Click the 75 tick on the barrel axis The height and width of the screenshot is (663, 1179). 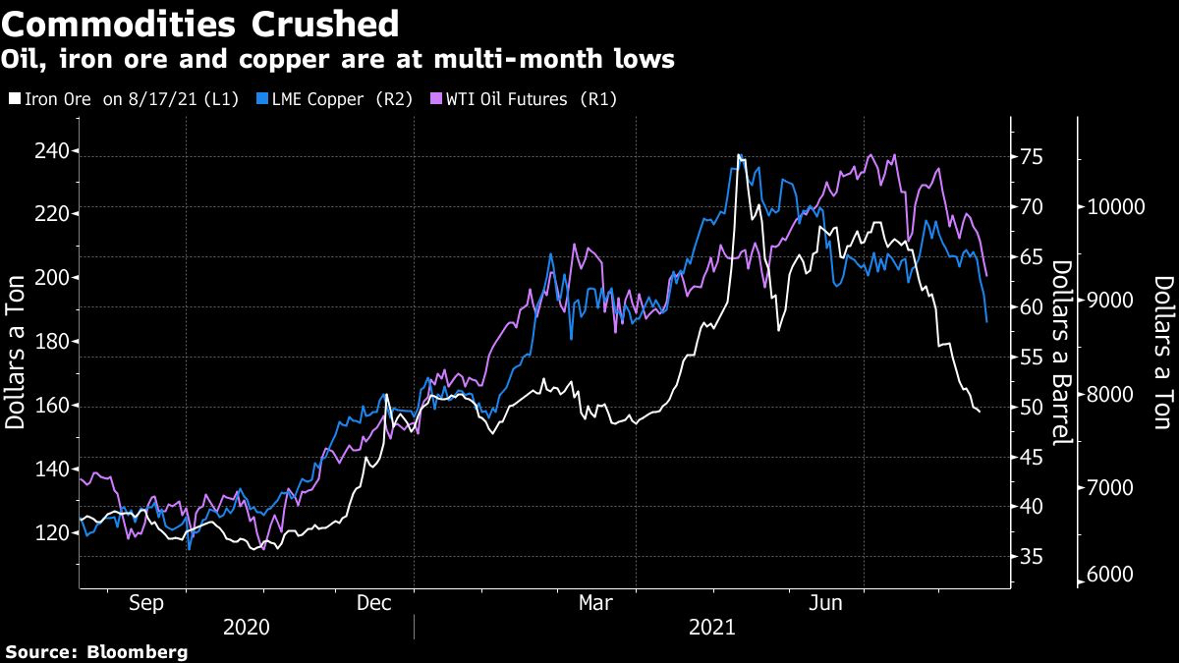point(1033,157)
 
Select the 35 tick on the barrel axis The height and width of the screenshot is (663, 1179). point(1033,557)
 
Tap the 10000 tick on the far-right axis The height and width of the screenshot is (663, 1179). point(1112,207)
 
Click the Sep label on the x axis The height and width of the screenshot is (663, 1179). point(146,604)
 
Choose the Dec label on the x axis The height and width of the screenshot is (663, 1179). point(375,604)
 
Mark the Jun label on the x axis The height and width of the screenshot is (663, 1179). point(825,604)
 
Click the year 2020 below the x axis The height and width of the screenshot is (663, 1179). point(246,627)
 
